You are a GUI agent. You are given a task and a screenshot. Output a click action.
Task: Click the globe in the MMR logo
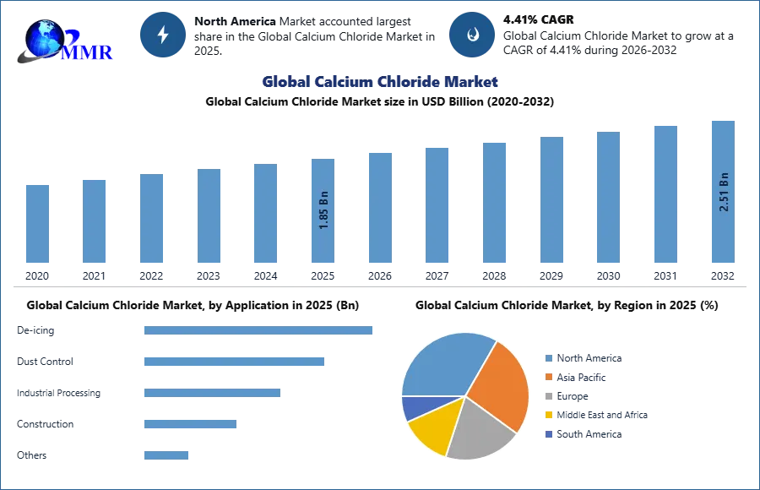click(42, 38)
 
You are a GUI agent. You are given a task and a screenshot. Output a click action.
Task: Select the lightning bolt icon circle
click(163, 35)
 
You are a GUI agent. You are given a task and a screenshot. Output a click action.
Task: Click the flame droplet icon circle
click(472, 35)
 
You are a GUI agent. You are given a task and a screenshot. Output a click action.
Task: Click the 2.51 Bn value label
click(724, 191)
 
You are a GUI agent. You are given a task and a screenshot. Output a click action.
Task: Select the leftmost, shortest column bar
click(37, 223)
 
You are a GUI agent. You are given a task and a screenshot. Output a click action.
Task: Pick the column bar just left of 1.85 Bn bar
click(263, 213)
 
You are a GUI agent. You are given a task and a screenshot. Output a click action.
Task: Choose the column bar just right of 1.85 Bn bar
click(378, 206)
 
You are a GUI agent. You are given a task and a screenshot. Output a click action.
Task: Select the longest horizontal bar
click(259, 331)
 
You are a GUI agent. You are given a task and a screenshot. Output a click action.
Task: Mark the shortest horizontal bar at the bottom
click(166, 454)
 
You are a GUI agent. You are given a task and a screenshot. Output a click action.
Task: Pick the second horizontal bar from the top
click(232, 362)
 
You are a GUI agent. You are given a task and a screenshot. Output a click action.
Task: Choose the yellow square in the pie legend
click(546, 414)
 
